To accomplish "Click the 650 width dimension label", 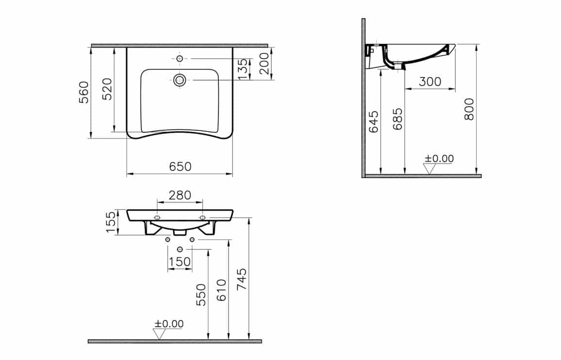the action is pyautogui.click(x=181, y=166).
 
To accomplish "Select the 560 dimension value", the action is pyautogui.click(x=84, y=92).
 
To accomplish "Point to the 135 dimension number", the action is pyautogui.click(x=242, y=69).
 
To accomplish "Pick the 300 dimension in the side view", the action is pyautogui.click(x=429, y=82).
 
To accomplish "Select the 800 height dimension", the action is pyautogui.click(x=469, y=109).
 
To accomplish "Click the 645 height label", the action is pyautogui.click(x=373, y=122).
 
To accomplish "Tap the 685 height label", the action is pyautogui.click(x=397, y=119).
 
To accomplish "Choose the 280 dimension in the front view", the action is pyautogui.click(x=180, y=195).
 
